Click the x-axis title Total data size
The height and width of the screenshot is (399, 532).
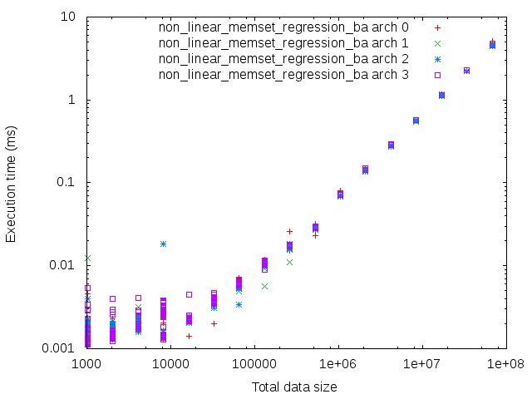click(295, 387)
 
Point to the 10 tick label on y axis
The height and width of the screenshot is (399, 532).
click(70, 17)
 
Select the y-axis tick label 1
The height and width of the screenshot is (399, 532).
click(73, 100)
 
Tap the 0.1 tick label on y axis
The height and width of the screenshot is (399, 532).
click(66, 183)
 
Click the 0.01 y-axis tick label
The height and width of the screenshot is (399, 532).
click(63, 265)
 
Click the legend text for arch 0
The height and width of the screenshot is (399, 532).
click(283, 27)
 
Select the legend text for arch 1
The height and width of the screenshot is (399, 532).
click(283, 43)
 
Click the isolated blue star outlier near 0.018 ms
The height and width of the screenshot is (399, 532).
click(163, 244)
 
